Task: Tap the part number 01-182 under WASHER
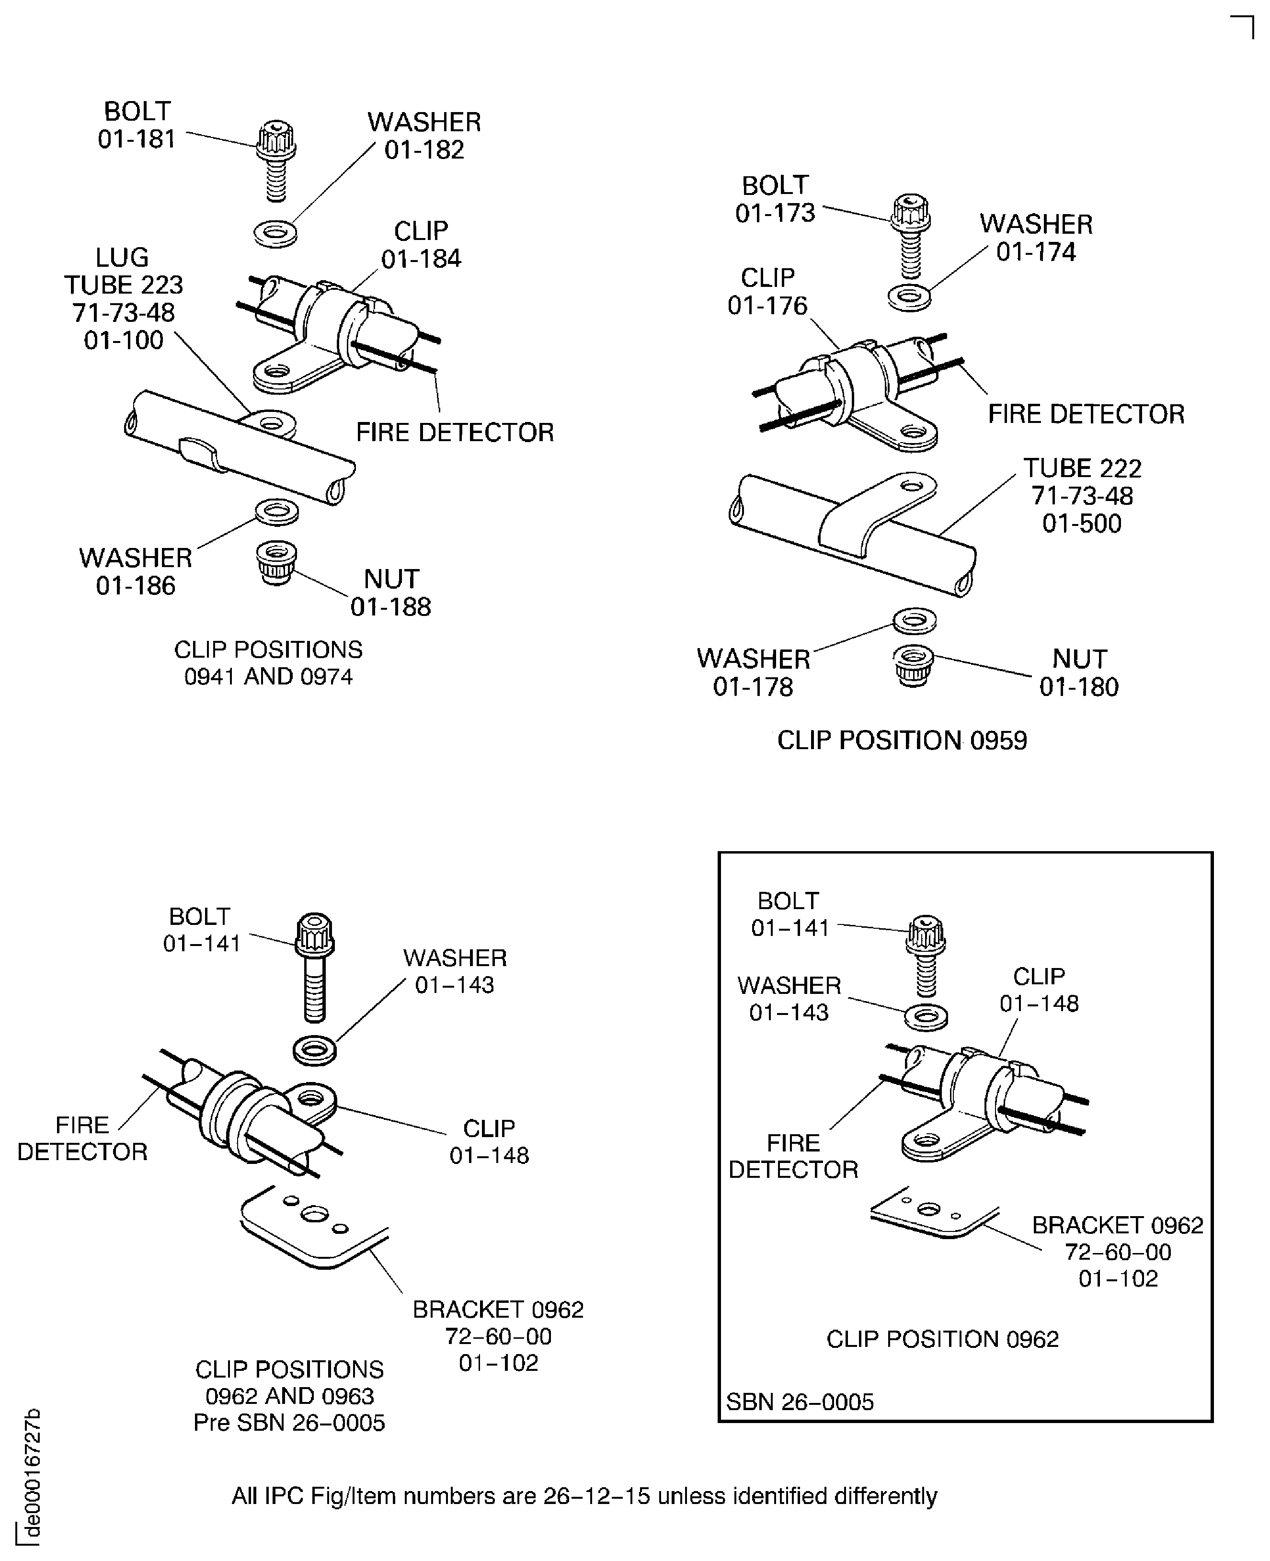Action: (x=424, y=150)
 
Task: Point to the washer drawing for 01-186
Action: (x=276, y=511)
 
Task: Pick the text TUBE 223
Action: (x=124, y=285)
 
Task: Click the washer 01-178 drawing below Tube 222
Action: (x=915, y=622)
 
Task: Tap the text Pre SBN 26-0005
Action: (x=289, y=1423)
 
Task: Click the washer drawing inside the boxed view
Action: (x=926, y=1017)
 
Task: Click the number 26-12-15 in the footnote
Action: (x=596, y=1496)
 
